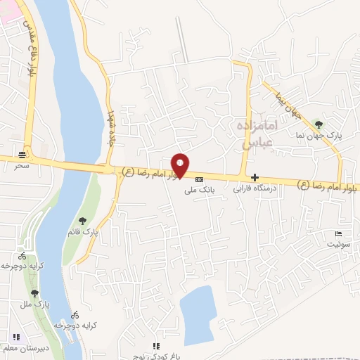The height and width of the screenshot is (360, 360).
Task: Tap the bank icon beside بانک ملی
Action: pos(199,179)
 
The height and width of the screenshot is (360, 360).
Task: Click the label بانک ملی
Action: pos(198,190)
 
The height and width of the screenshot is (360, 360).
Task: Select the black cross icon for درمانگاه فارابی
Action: pos(254,178)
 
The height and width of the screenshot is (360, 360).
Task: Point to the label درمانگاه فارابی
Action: pos(255,188)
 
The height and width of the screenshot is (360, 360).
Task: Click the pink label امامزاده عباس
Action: pos(256,133)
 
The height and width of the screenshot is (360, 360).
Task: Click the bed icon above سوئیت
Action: pos(338,234)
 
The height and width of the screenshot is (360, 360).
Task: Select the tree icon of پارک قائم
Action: pos(83,222)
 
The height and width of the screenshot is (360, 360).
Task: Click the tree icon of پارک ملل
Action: pos(34,293)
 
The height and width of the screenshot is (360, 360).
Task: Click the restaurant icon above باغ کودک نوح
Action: pos(156,346)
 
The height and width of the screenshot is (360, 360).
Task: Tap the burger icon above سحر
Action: pos(24,155)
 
